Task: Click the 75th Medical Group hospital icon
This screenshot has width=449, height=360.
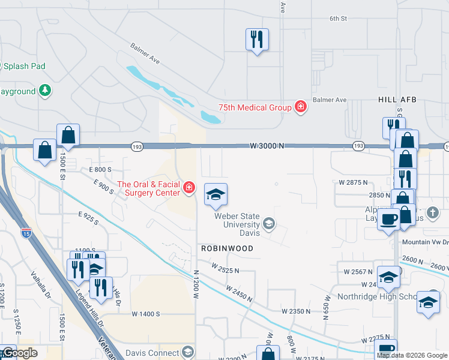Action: pos(301,107)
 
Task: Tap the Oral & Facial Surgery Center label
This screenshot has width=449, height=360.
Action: pos(149,188)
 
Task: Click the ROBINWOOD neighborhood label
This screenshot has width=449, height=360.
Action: pos(227,248)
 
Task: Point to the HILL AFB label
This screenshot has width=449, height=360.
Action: pos(397,100)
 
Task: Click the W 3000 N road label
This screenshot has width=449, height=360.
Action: pos(267,146)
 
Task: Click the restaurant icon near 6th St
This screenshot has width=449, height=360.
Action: pos(257,40)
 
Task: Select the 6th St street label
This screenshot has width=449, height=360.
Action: pos(338,19)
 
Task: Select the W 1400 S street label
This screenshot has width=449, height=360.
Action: pos(146,314)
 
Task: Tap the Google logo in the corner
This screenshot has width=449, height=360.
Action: pos(19,353)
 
